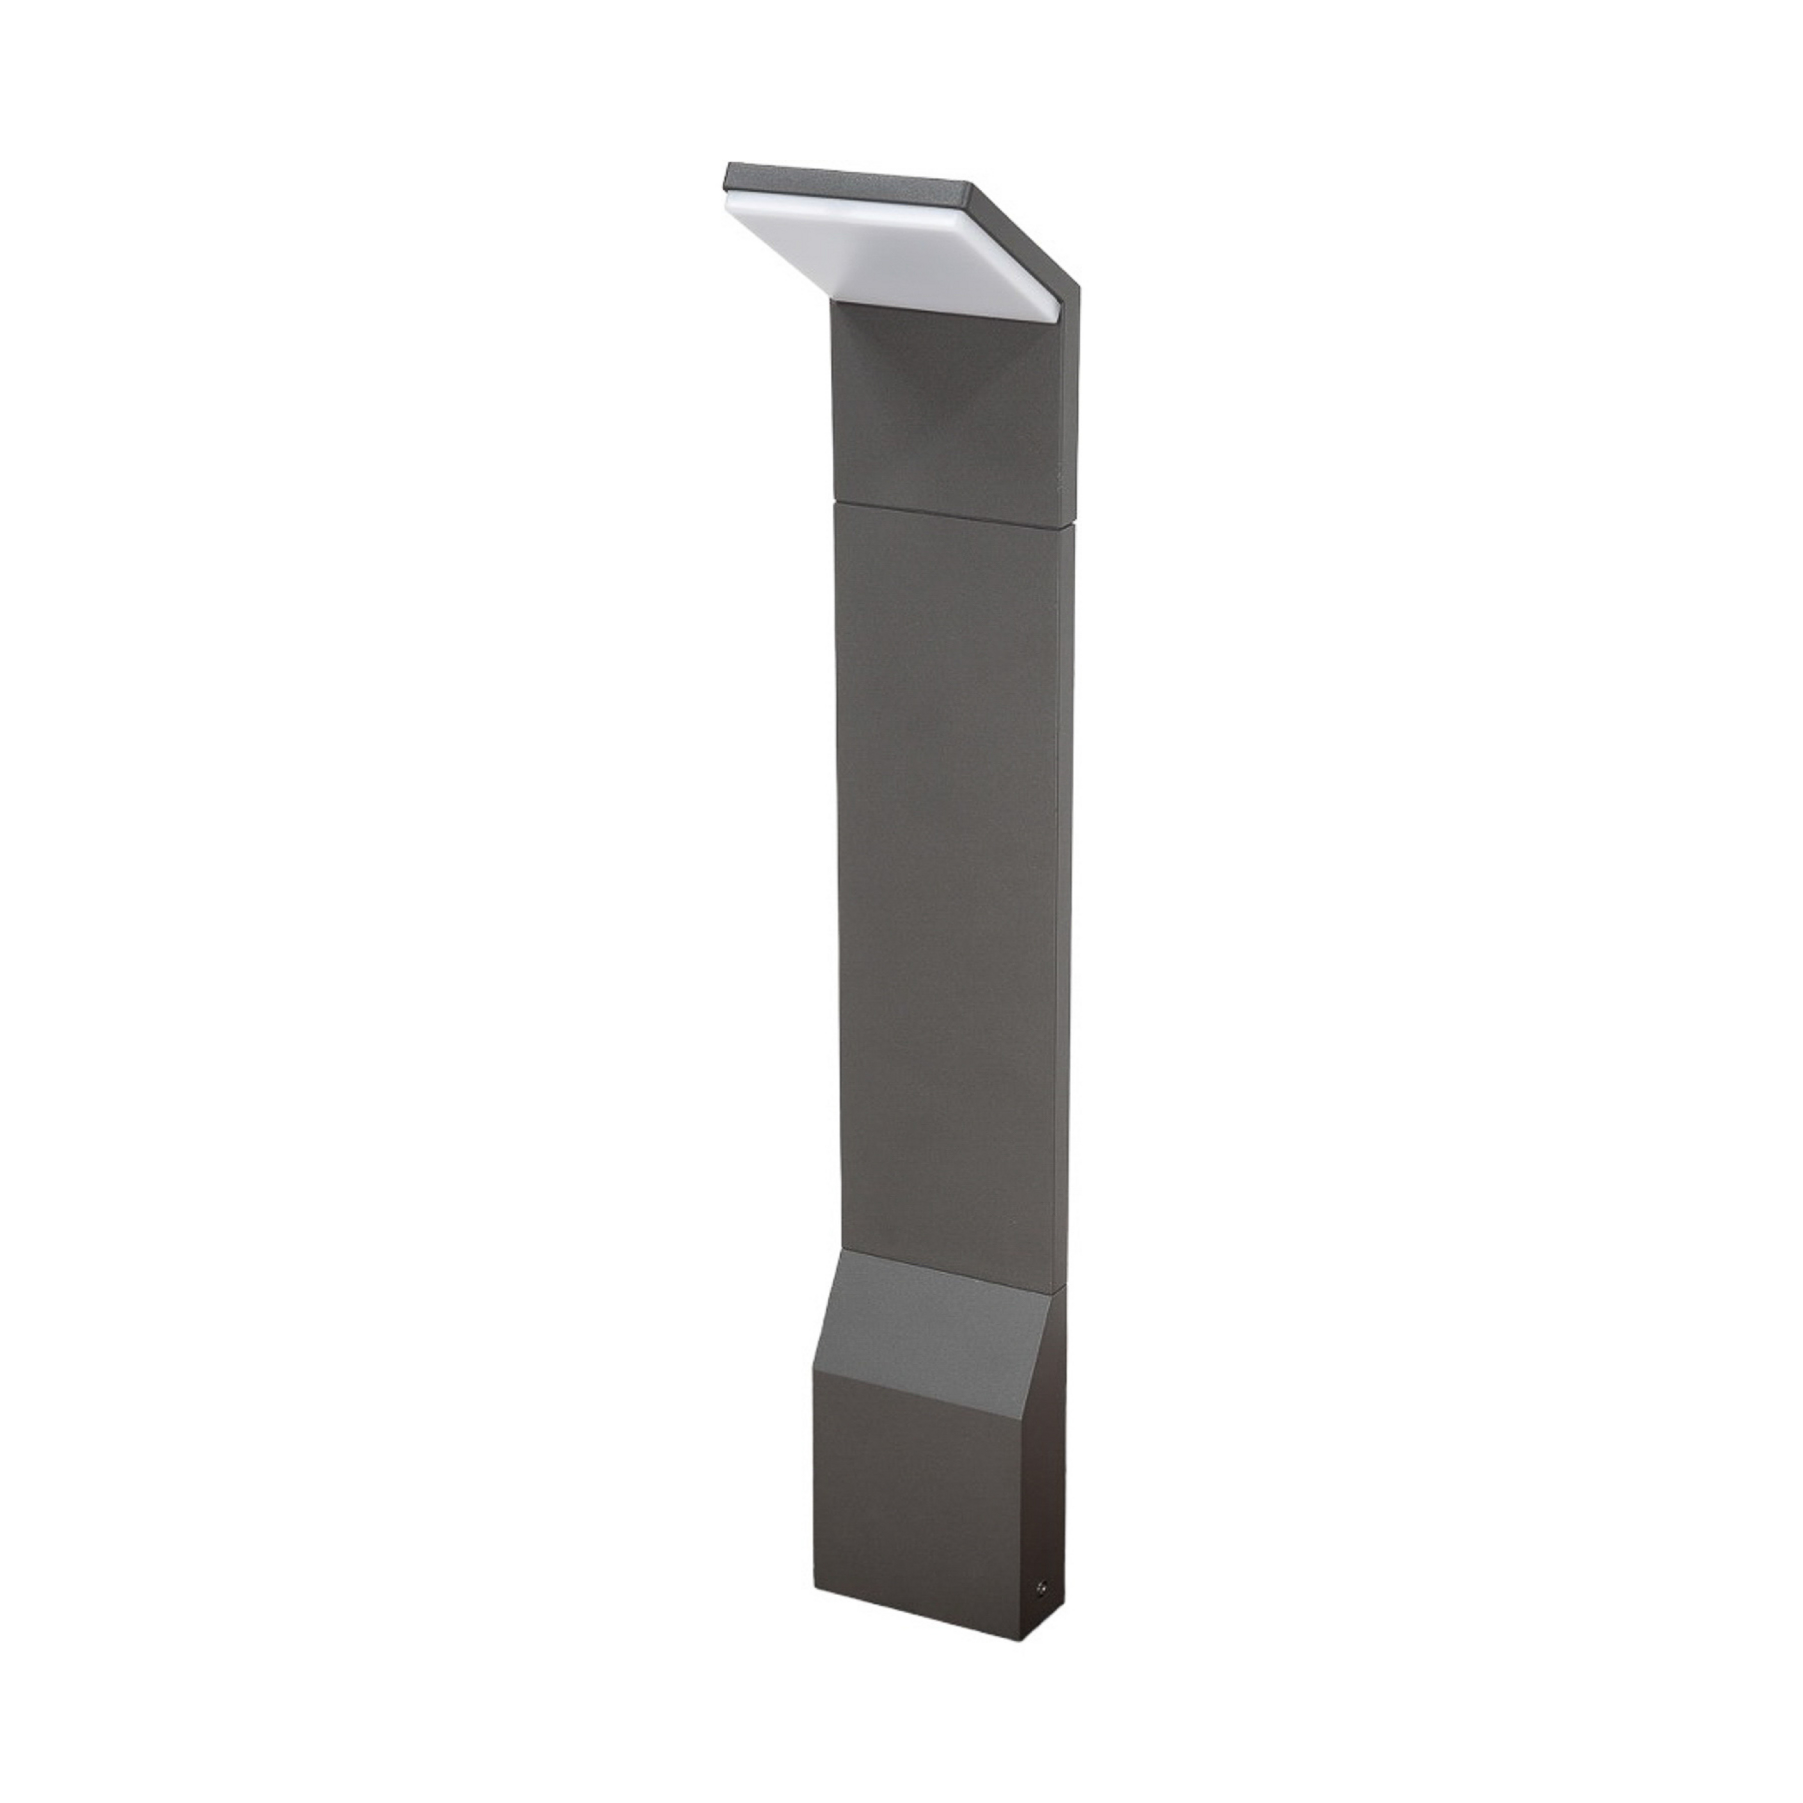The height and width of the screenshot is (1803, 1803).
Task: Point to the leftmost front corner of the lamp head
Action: (727, 177)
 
